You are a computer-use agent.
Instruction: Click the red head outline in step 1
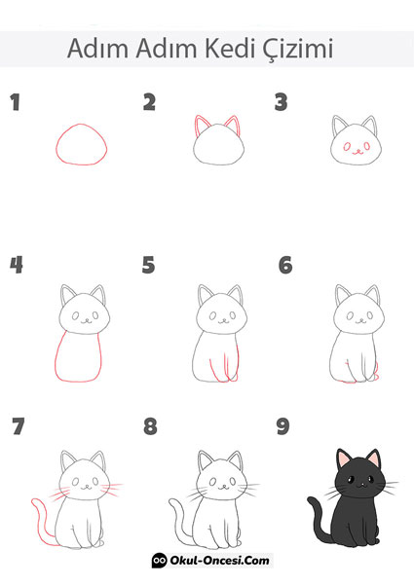tap(81, 147)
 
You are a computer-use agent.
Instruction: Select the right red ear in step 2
tap(233, 126)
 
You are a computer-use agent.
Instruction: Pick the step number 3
tap(281, 101)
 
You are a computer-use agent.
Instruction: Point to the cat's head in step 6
tap(356, 313)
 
